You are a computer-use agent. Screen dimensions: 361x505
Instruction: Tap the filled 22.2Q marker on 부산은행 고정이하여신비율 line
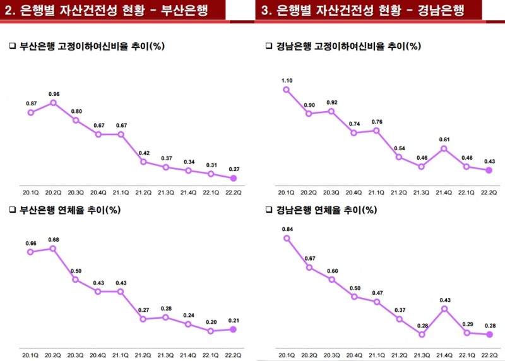pos(233,178)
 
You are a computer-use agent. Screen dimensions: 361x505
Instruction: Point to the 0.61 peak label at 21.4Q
pos(444,139)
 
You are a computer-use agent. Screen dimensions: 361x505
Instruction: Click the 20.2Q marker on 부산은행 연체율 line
pos(54,248)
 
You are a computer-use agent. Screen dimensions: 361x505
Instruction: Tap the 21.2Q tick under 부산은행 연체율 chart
pos(143,348)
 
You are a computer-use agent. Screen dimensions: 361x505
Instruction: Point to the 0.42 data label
pos(143,153)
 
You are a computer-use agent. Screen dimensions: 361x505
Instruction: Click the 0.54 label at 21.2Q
pos(399,148)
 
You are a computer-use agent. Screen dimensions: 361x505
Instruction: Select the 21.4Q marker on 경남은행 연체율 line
pos(444,309)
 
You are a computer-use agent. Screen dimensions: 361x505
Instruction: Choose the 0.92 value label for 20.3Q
pos(331,102)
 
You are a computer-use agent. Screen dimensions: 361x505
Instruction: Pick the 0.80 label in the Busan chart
pos(76,111)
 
